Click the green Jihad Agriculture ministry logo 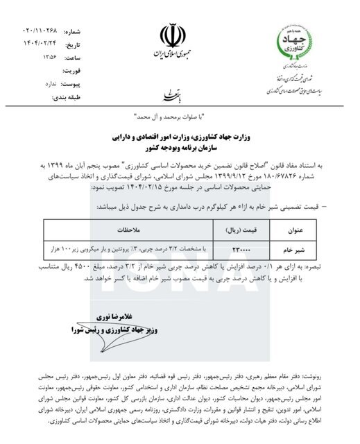click(x=297, y=43)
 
